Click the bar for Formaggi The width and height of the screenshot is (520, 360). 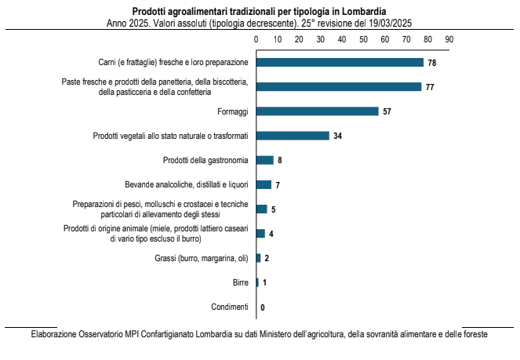pyautogui.click(x=317, y=111)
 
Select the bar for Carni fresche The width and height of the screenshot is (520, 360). pyautogui.click(x=340, y=62)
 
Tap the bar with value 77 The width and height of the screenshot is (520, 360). pyautogui.click(x=339, y=86)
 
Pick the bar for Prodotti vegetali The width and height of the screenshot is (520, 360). pyautogui.click(x=293, y=136)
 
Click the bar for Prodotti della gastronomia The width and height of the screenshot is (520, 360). pyautogui.click(x=265, y=160)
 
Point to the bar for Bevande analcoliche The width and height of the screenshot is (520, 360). pyautogui.click(x=264, y=185)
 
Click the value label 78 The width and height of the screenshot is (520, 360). pyautogui.click(x=431, y=62)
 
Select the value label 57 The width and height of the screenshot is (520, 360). pyautogui.click(x=387, y=111)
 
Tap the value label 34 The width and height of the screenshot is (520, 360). pyautogui.click(x=337, y=136)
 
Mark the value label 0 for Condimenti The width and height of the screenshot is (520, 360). pyautogui.click(x=262, y=307)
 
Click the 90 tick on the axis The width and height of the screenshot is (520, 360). pyautogui.click(x=449, y=37)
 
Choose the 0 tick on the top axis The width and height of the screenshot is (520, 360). pyautogui.click(x=256, y=37)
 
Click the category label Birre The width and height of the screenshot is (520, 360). pyautogui.click(x=240, y=282)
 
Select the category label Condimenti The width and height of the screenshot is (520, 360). pyautogui.click(x=230, y=307)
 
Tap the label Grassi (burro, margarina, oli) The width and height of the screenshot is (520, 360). pyautogui.click(x=201, y=258)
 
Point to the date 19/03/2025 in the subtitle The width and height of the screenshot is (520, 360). pyautogui.click(x=385, y=23)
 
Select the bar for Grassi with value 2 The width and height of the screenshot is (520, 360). pyautogui.click(x=258, y=258)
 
